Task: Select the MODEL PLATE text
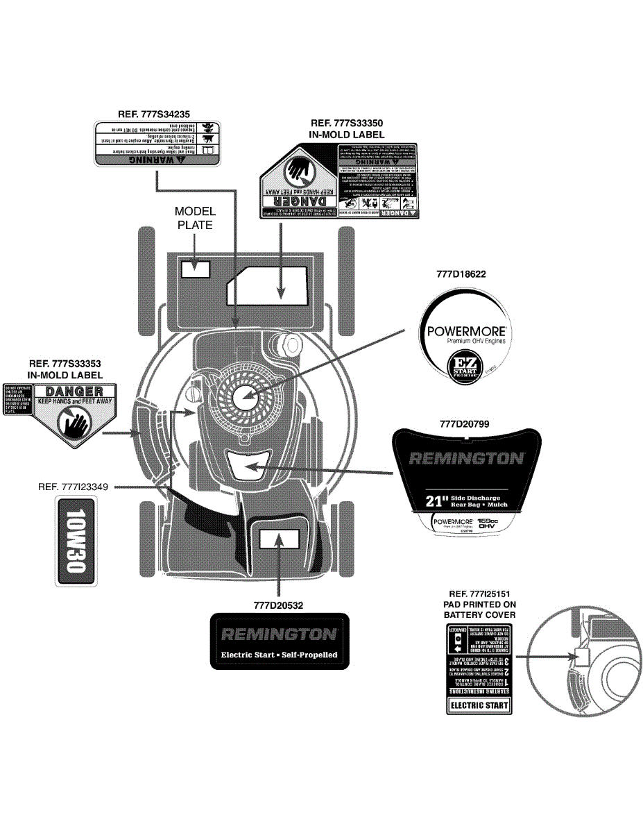point(195,218)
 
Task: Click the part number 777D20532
point(278,605)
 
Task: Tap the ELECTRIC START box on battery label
point(479,706)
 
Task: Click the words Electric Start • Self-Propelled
point(279,655)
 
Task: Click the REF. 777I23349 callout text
point(73,487)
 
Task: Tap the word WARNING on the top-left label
point(159,158)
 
